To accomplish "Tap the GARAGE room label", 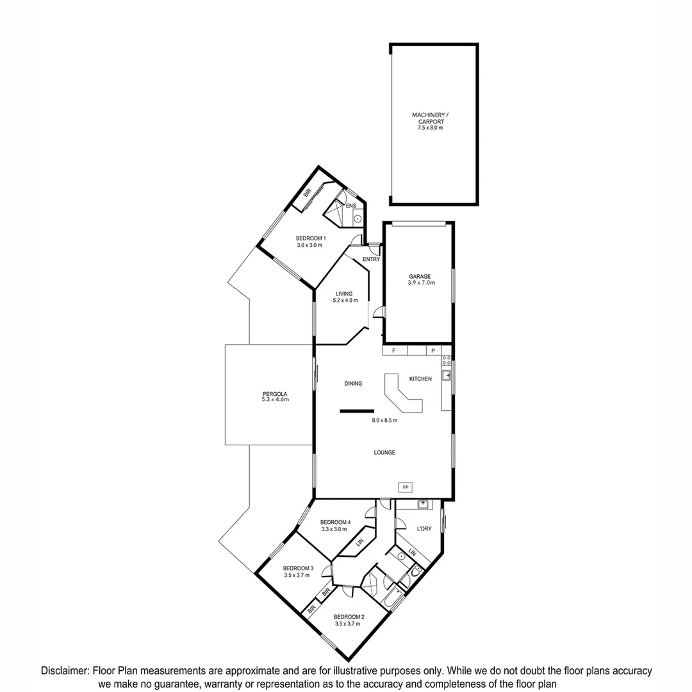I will pos(420,277).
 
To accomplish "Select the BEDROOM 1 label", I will pos(311,238).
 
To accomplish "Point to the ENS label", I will pos(350,206).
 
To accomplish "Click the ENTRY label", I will pos(371,259).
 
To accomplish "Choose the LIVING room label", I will pos(343,293).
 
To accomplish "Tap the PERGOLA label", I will pos(275,394).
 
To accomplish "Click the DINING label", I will pos(353,384).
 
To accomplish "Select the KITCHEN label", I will pos(420,379).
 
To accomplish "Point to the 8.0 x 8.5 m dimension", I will pos(384,421).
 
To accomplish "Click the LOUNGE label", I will pos(384,452).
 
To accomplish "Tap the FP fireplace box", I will pos(405,488).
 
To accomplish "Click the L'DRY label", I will pos(425,529).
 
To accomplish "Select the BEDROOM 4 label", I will pos(336,522).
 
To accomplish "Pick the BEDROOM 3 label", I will pos(298,568).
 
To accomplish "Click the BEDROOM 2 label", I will pos(349,617).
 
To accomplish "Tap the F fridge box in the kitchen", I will pos(394,351).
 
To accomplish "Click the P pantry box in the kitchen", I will pos(432,351).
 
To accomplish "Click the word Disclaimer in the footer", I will pos(65,671).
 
